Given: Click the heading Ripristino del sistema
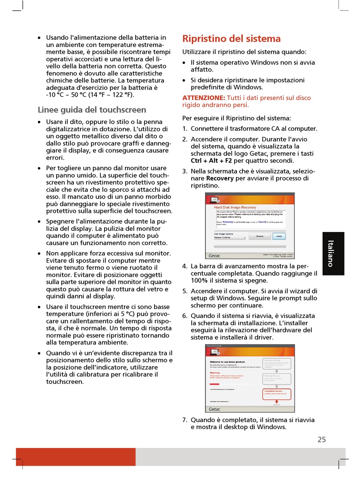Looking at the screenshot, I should click(231, 39).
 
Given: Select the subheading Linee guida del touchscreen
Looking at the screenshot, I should click(92, 110).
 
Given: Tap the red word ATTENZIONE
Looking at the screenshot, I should click(203, 98).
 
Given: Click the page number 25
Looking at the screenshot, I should click(321, 440).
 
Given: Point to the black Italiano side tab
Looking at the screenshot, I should click(333, 254).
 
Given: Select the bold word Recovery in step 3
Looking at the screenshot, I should click(220, 179).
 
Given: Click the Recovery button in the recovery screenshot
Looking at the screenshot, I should click(260, 236).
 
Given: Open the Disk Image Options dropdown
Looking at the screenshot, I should click(230, 238).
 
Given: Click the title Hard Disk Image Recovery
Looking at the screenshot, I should click(235, 207).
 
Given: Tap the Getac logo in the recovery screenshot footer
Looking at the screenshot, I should click(214, 255).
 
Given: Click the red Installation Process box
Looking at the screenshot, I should click(277, 394).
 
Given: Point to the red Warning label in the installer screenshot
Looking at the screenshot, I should click(215, 373).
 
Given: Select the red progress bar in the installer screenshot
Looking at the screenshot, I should click(214, 384).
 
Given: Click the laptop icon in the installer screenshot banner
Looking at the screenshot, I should click(214, 352).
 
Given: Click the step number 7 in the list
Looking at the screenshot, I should click(185, 420).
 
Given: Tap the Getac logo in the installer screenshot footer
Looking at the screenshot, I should click(214, 409).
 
